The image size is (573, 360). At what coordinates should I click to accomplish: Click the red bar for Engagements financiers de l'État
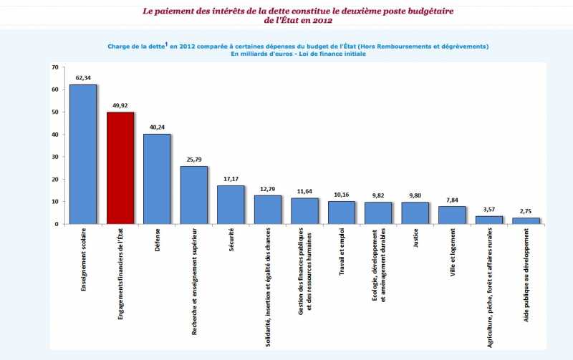click(120, 168)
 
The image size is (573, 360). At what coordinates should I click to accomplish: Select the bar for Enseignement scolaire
click(83, 155)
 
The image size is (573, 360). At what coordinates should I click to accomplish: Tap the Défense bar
click(157, 179)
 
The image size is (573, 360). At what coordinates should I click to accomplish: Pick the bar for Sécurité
click(231, 205)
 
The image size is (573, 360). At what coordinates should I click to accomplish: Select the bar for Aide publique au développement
click(526, 220)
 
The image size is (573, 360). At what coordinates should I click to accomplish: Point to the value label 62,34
click(83, 78)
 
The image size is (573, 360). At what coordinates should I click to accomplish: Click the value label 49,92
click(120, 106)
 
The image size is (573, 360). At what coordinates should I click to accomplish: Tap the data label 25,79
click(194, 160)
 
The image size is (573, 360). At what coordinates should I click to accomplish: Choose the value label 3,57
click(488, 210)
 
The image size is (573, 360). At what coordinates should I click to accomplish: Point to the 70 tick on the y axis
click(55, 67)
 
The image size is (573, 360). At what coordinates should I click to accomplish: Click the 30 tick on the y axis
click(55, 157)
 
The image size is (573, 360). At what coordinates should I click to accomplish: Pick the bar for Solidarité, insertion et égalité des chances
click(267, 210)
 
